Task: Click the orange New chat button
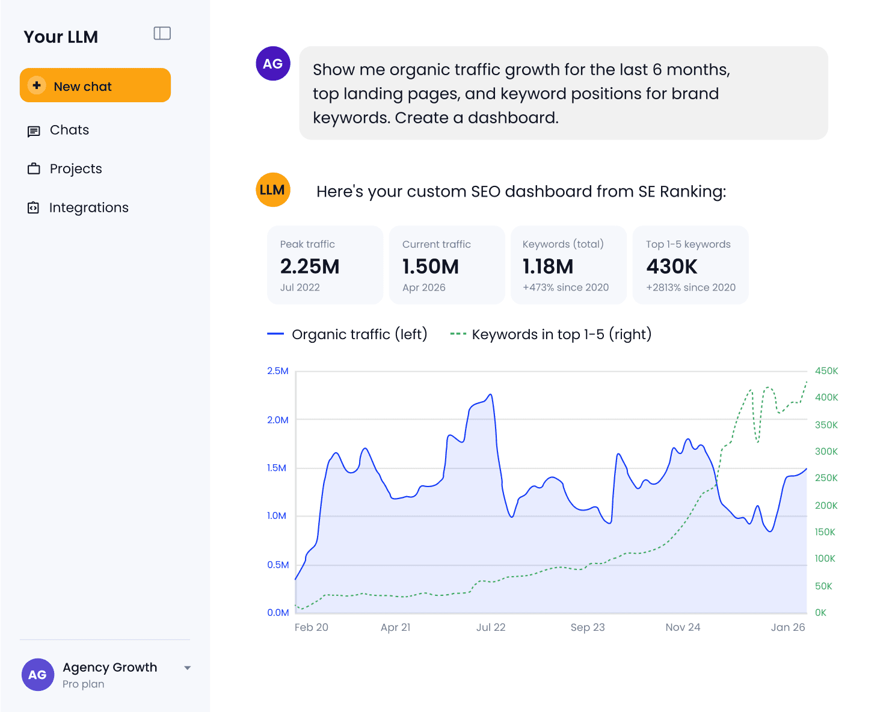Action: (95, 85)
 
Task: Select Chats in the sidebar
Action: (58, 130)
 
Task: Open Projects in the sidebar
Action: (64, 169)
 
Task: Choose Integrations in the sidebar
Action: (78, 207)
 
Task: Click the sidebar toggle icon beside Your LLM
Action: (162, 33)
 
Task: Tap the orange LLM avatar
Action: (273, 189)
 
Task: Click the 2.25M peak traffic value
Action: (310, 266)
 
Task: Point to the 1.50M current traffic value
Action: (431, 266)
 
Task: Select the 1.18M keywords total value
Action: (548, 266)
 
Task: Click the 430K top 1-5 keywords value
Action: (672, 266)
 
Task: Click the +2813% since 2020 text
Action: (690, 287)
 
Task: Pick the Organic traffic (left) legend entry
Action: (347, 334)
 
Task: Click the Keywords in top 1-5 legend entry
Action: (551, 334)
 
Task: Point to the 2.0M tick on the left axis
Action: (278, 420)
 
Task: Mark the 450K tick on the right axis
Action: (826, 371)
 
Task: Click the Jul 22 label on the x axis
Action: (491, 627)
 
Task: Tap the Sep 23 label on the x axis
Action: (588, 627)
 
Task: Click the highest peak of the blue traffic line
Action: (491, 394)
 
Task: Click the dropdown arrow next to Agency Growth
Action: (188, 668)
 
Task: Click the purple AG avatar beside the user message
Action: (273, 64)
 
